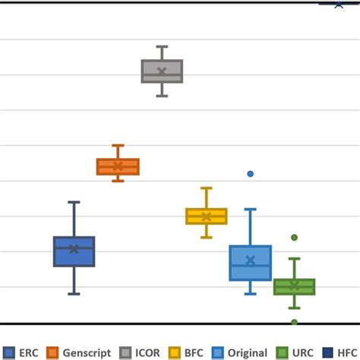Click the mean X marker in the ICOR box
tap(162, 71)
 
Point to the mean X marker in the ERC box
tap(74, 249)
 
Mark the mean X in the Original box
tap(251, 261)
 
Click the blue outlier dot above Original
tap(251, 174)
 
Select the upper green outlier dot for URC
tap(294, 238)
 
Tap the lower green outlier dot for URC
tap(294, 322)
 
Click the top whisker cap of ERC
tap(74, 202)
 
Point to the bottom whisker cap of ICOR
tap(162, 96)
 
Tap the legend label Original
tap(248, 352)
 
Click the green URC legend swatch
tap(282, 352)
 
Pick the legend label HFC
tap(346, 352)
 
